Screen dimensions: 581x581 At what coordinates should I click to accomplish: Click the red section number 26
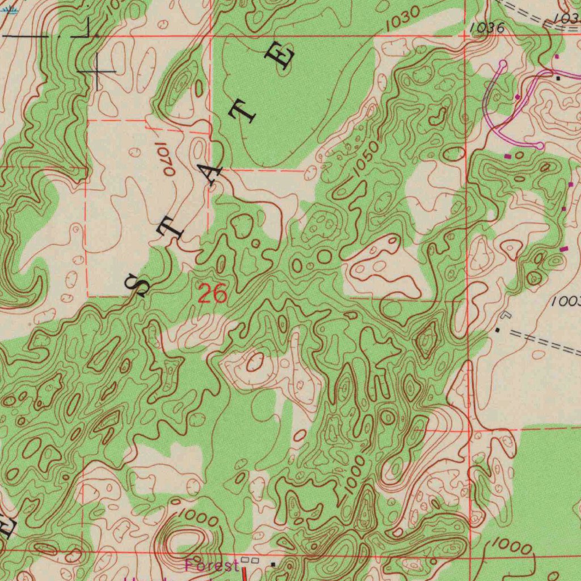click(213, 294)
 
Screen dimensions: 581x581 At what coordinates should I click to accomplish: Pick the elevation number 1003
click(567, 302)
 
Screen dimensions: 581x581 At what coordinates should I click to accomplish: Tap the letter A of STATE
click(209, 175)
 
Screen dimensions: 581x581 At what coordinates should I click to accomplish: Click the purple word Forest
click(211, 565)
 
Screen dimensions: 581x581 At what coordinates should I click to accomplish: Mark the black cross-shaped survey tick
click(98, 71)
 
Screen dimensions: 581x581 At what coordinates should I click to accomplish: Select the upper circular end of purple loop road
click(503, 64)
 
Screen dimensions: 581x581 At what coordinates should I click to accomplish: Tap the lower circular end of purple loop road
click(540, 146)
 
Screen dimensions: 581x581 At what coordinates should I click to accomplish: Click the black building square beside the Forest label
click(273, 565)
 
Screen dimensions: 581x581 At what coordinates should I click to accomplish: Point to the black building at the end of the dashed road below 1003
click(498, 330)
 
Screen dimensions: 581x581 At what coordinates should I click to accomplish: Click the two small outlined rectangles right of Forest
click(254, 561)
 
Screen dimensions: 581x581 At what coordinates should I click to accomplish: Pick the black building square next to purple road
click(559, 78)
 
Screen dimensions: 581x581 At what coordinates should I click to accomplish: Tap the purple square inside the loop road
click(517, 97)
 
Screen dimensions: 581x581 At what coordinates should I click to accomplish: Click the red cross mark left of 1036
click(464, 35)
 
